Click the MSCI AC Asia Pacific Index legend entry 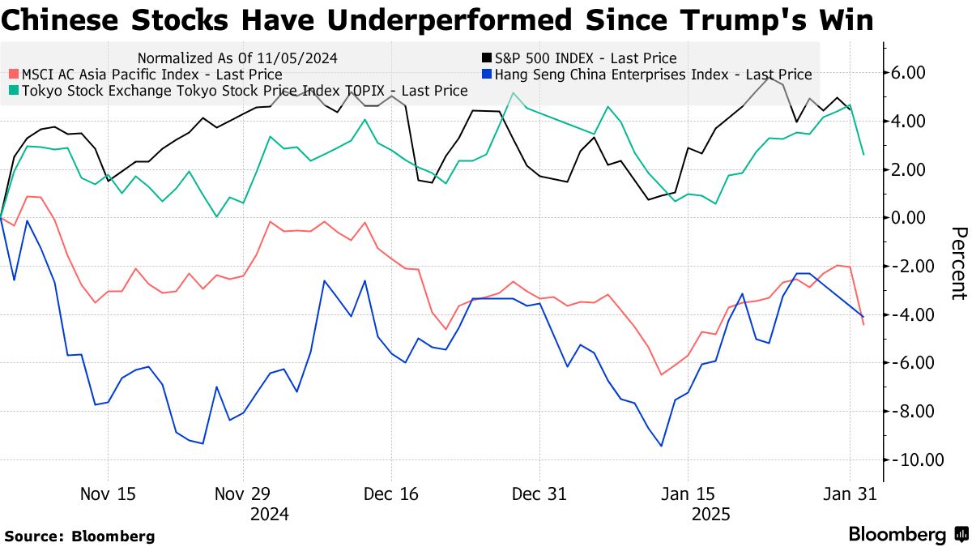coord(150,75)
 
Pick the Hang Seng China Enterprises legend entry coord(652,75)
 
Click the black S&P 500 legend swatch coord(486,58)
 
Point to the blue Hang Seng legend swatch coord(486,75)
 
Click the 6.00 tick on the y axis coord(908,73)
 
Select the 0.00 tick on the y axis coord(908,218)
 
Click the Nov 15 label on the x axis coord(109,494)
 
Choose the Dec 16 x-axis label coord(392,494)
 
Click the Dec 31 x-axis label coord(539,494)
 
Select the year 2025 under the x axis coord(710,514)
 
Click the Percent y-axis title coord(958,263)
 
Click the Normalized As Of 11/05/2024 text coord(237,58)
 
